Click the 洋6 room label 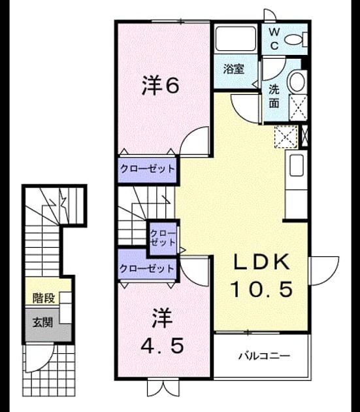tap(161, 85)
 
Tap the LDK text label tap(262, 262)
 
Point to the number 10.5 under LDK tap(261, 289)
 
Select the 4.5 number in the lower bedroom tap(162, 346)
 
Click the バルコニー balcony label tap(264, 356)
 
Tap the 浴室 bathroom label tap(234, 69)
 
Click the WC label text tap(274, 39)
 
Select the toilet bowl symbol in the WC tap(296, 40)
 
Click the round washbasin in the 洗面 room tap(297, 82)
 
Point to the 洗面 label tap(274, 96)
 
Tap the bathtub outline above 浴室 tap(236, 39)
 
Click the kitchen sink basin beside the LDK tap(299, 165)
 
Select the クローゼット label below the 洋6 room tap(147, 169)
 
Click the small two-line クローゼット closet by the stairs tap(163, 238)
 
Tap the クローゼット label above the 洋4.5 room tap(147, 269)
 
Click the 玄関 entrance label tap(43, 322)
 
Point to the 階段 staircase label tap(44, 298)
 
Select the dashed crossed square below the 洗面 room tap(286, 137)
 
